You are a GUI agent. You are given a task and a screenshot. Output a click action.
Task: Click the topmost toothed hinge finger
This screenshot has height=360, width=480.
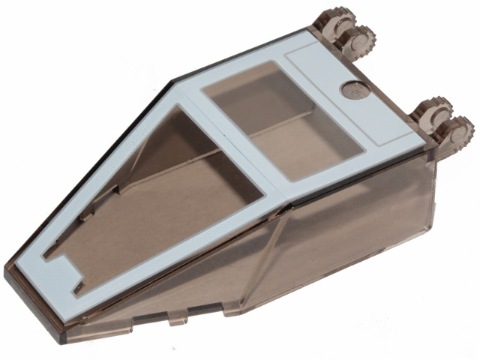click(x=330, y=19)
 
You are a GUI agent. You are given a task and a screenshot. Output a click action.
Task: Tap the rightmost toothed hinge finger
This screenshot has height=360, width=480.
click(x=457, y=131)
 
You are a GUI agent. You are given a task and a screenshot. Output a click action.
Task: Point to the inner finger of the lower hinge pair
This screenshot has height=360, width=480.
click(x=431, y=112)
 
